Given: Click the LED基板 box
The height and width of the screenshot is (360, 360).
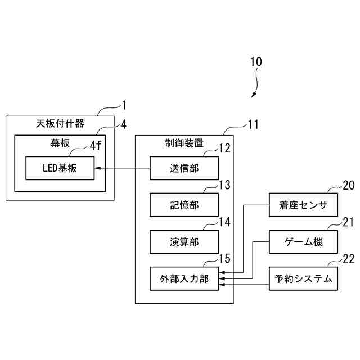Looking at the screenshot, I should click(60, 168).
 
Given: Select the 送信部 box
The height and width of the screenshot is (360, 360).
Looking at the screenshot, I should click(183, 168).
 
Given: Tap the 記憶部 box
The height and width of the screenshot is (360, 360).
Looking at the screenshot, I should click(183, 205).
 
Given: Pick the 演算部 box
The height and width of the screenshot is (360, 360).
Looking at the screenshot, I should click(183, 242).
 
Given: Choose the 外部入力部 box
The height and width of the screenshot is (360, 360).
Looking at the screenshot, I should click(183, 278).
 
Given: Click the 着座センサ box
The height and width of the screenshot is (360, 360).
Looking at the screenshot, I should click(303, 205).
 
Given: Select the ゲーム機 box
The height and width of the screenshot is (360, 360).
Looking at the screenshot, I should click(303, 242).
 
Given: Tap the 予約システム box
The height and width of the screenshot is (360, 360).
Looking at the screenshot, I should click(303, 278).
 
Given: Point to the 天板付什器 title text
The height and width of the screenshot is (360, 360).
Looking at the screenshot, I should click(56, 124).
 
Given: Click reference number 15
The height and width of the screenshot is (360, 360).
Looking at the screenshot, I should click(224, 259).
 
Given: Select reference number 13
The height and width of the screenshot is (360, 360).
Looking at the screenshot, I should click(224, 185).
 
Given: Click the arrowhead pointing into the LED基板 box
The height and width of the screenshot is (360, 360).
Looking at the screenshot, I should click(96, 168).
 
